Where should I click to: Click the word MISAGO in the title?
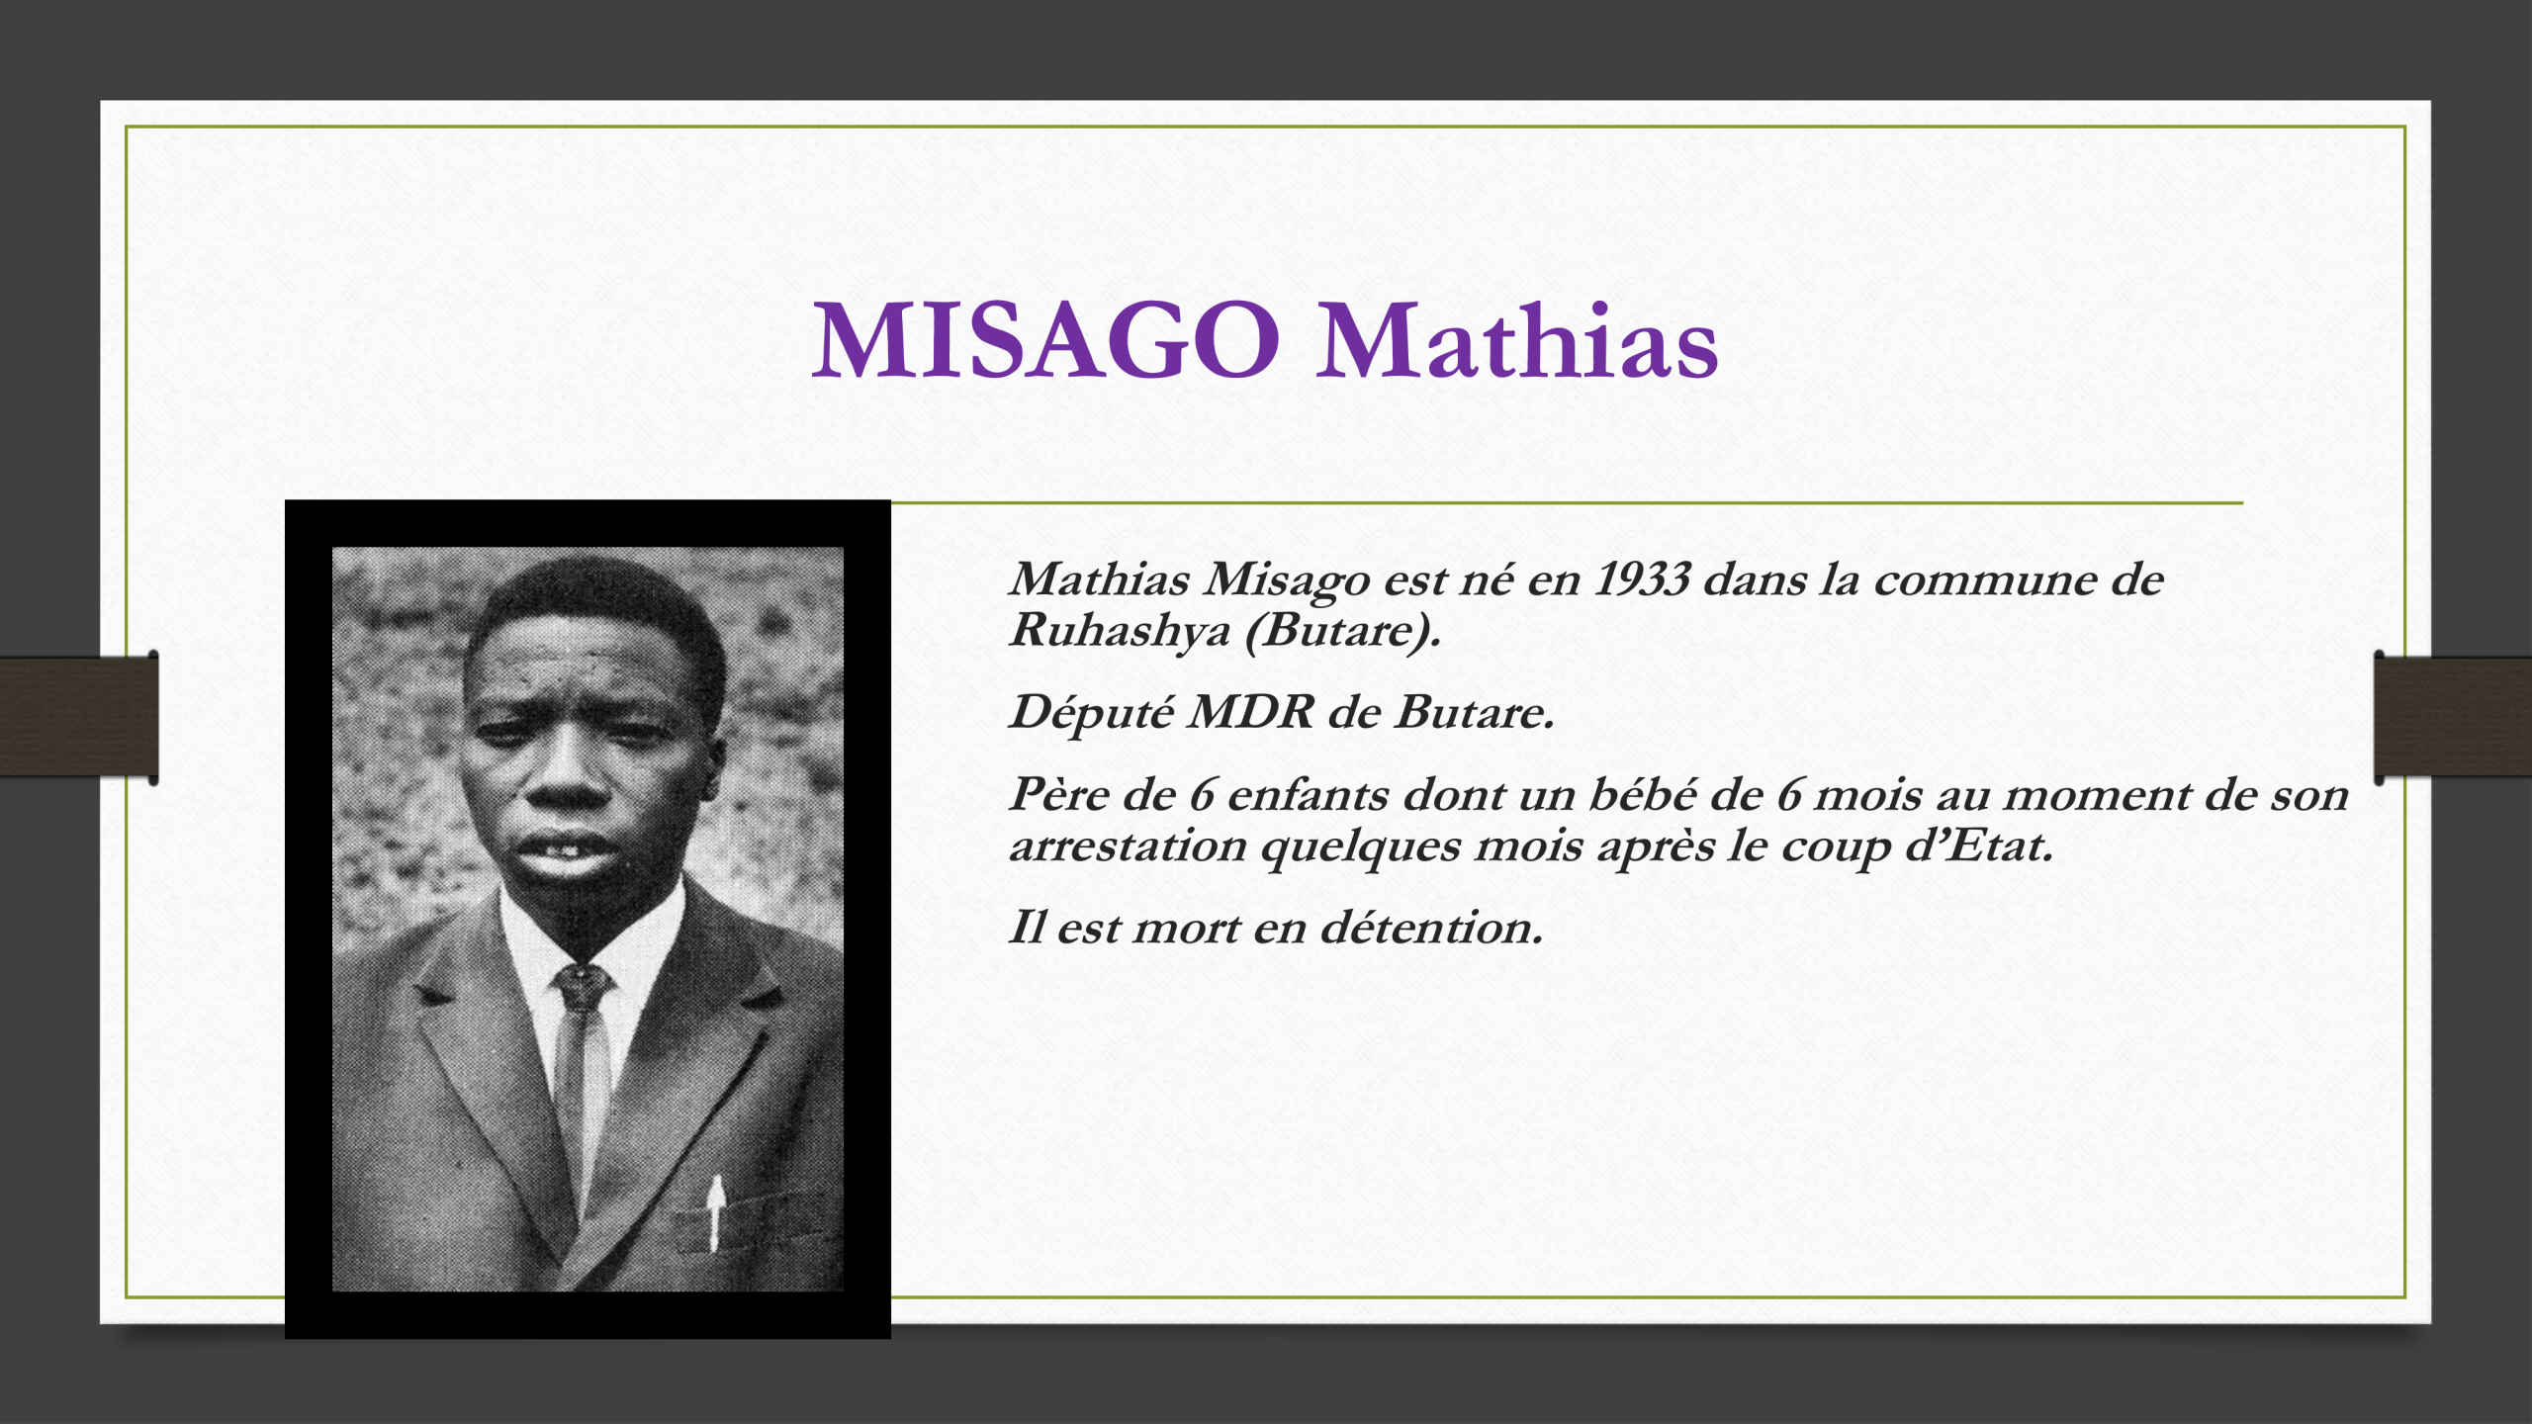click(1046, 341)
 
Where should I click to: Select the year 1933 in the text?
click(1642, 579)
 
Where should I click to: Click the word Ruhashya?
click(1119, 631)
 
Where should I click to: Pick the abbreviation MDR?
click(1250, 712)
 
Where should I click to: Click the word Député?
click(1092, 712)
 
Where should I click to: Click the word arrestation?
click(1128, 846)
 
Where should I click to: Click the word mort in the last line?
click(1186, 928)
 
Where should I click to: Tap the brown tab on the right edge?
click(2453, 717)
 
